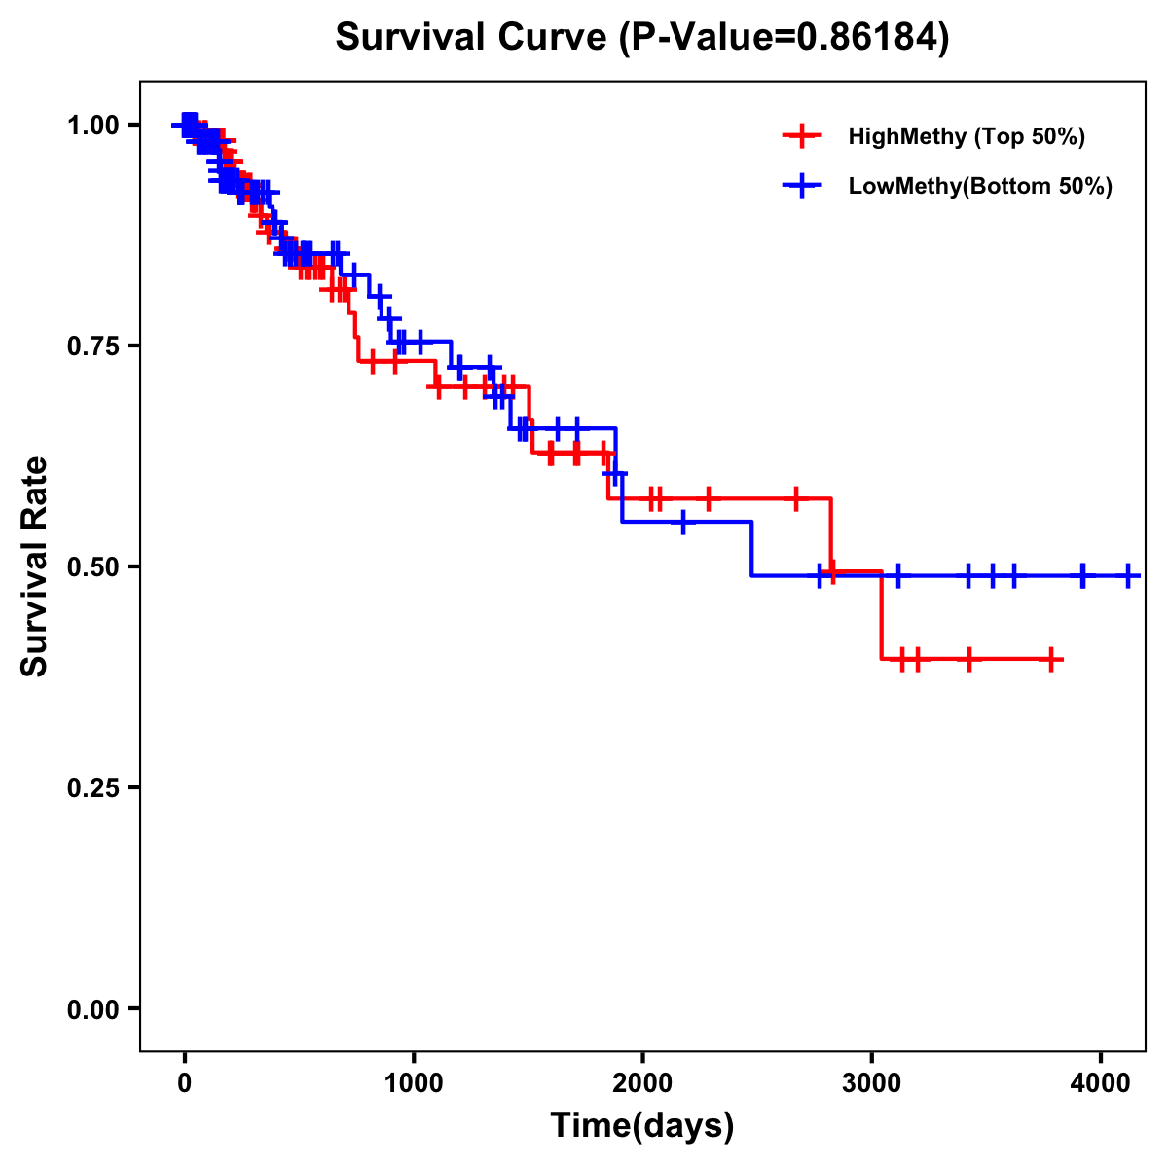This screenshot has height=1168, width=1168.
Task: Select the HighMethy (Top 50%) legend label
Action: (x=967, y=136)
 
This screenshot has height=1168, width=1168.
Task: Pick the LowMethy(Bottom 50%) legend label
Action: (x=980, y=187)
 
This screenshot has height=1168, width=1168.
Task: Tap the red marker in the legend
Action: (x=802, y=136)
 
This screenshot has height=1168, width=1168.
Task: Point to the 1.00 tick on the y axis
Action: (x=92, y=125)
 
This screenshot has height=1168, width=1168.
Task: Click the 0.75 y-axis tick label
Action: (x=92, y=346)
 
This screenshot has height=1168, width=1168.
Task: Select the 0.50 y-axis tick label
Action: (x=92, y=566)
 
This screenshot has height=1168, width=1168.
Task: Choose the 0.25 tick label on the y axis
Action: (x=92, y=787)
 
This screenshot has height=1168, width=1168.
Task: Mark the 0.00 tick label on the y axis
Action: (x=92, y=1008)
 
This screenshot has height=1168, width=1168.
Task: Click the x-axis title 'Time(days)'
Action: (x=642, y=1126)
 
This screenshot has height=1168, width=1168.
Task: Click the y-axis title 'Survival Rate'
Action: (x=35, y=566)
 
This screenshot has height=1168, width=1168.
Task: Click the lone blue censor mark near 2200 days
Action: (x=684, y=522)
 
